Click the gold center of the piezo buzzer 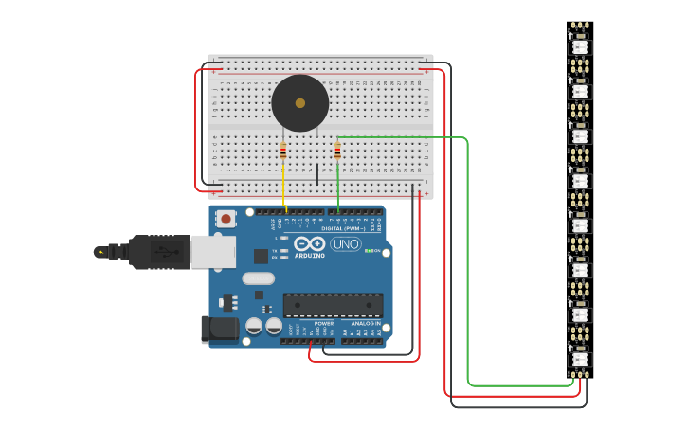point(300,103)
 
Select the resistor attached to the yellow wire point(282,151)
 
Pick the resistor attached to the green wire point(337,151)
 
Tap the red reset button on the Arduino point(226,219)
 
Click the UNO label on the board point(345,244)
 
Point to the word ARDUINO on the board point(310,256)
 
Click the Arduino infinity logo point(310,242)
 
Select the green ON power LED point(368,251)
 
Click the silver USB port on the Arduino point(212,252)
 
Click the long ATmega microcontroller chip point(333,305)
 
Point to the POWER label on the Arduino point(323,323)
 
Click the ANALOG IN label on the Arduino point(364,323)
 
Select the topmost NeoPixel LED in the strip point(580,46)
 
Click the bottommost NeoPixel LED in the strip point(580,359)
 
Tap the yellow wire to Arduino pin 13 point(283,185)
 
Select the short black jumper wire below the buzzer point(317,174)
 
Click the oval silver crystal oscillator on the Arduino point(258,278)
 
